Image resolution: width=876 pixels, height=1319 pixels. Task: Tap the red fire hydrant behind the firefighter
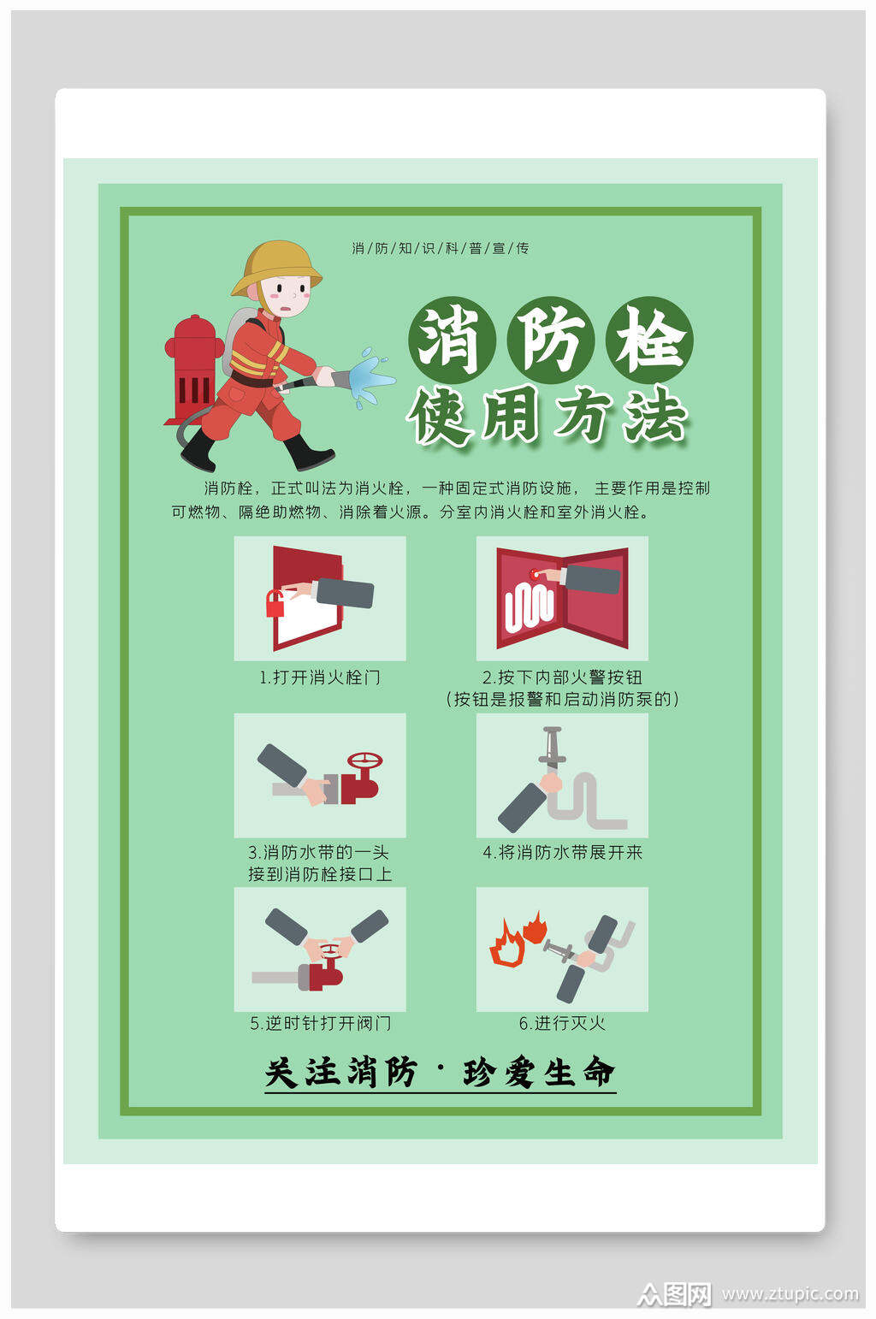click(x=194, y=368)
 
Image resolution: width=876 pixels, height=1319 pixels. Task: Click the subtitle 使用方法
click(x=547, y=418)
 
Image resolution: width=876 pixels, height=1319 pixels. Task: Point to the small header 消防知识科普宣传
click(x=441, y=248)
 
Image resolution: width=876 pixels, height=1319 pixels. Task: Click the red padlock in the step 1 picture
click(x=275, y=604)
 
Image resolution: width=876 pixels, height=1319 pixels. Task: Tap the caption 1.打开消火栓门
click(x=320, y=677)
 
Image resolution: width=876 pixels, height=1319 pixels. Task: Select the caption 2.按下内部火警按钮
click(x=562, y=677)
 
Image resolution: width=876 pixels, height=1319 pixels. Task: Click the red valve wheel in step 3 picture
click(x=364, y=760)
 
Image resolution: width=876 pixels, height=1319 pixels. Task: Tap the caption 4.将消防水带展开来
click(x=562, y=853)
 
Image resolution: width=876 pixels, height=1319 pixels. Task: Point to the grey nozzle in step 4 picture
click(x=551, y=745)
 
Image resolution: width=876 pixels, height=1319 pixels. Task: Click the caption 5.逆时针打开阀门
click(x=320, y=1024)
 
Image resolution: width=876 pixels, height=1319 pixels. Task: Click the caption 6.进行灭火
click(x=562, y=1024)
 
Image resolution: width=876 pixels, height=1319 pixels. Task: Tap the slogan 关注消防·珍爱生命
click(x=440, y=1073)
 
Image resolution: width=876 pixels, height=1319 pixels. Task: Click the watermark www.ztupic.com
click(x=790, y=1293)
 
